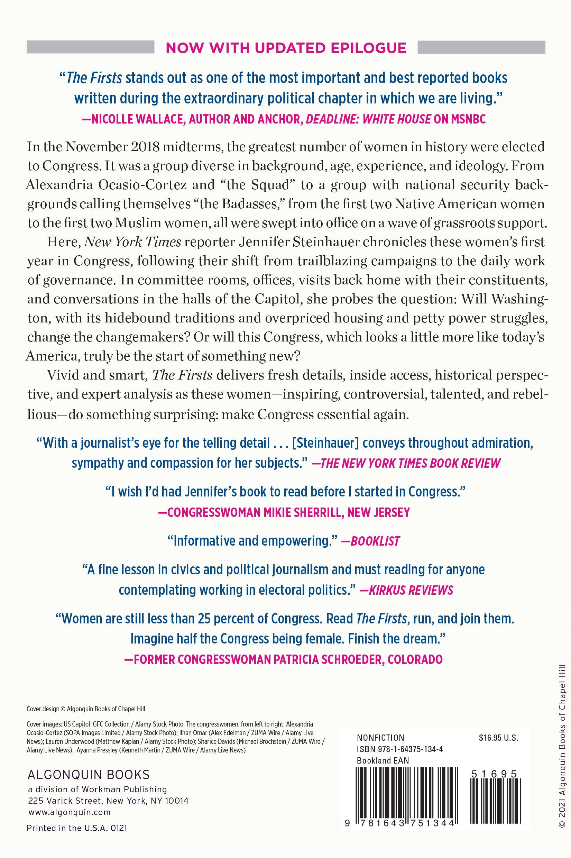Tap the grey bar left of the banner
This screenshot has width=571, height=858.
click(x=90, y=47)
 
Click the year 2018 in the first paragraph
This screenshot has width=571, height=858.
click(x=145, y=147)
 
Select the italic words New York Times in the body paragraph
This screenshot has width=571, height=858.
click(x=132, y=242)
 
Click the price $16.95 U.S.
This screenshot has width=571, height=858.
click(x=498, y=738)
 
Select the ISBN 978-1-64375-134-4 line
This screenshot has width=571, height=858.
click(x=399, y=749)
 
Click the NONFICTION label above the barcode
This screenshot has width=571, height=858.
click(x=380, y=738)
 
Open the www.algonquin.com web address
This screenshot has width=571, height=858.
click(x=69, y=812)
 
